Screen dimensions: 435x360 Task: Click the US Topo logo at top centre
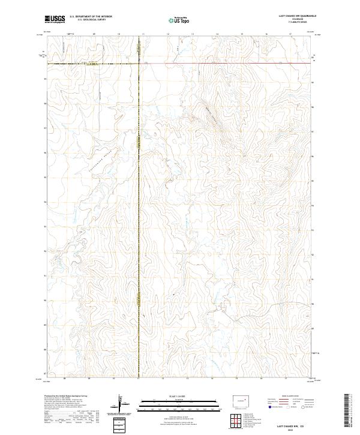point(179,19)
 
